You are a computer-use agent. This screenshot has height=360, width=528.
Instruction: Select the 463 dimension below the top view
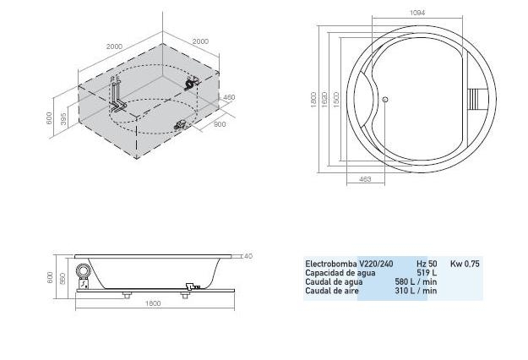pos(365,178)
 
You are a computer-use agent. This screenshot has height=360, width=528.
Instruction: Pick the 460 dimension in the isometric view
pos(228,98)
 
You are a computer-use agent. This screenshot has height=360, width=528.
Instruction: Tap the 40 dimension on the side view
pos(248,255)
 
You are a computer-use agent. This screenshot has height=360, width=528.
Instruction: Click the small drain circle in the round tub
pos(385,100)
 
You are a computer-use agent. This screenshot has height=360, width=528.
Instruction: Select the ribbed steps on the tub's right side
pos(479,99)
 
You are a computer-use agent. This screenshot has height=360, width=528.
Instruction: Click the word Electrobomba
pos(331,264)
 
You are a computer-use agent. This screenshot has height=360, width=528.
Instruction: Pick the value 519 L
pos(427,273)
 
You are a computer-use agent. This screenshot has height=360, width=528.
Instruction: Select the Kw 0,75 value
pos(465,264)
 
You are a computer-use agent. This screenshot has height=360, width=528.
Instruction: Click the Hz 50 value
pos(427,264)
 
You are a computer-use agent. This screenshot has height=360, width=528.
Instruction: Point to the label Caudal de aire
pos(332,291)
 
